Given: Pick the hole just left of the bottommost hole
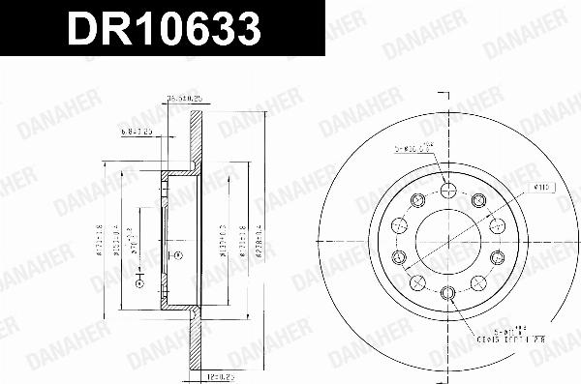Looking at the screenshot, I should point(415,282).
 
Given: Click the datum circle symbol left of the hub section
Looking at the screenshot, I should point(139,283).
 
